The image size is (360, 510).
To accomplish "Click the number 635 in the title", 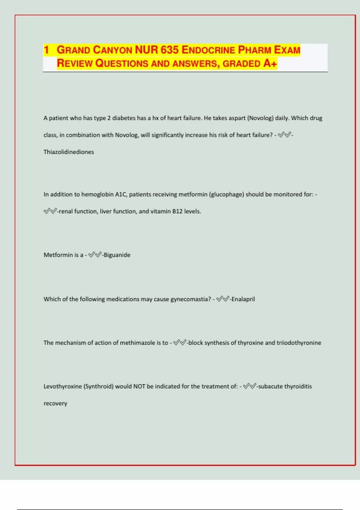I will click(169, 50).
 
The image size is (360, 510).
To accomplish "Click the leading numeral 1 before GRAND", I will click(46, 50).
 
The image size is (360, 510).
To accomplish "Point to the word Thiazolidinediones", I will click(69, 152).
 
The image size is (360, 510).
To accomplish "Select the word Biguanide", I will click(117, 255).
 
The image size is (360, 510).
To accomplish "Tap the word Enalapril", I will click(243, 299).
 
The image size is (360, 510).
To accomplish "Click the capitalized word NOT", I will click(139, 386).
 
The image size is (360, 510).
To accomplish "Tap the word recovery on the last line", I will click(55, 403).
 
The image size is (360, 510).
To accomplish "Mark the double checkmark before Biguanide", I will click(95, 255).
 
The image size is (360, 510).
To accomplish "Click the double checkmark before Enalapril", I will click(223, 299).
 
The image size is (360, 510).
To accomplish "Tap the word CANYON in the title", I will click(112, 50).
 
